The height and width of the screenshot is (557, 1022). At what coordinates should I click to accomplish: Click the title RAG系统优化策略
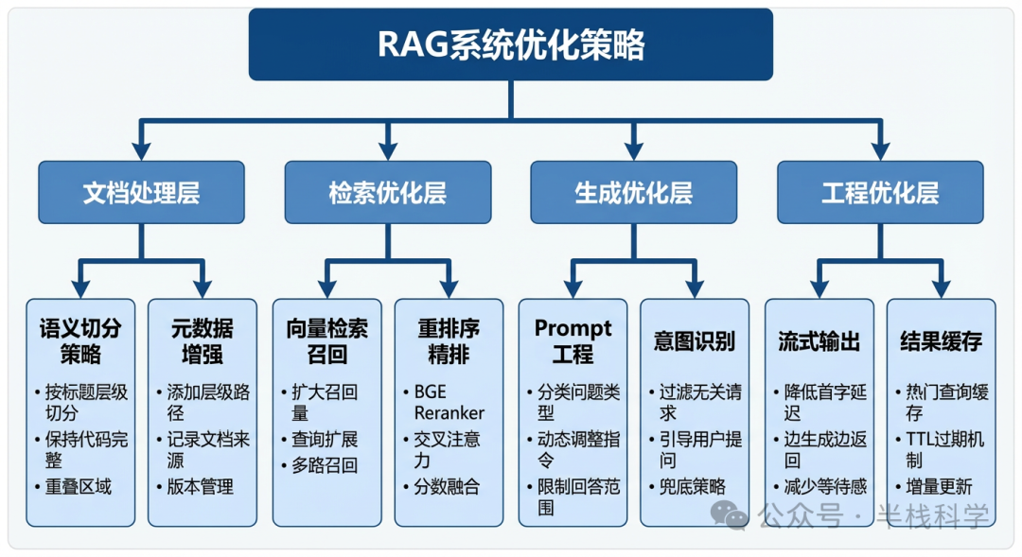coord(511,44)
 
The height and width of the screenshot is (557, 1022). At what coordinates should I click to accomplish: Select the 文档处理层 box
coord(141,193)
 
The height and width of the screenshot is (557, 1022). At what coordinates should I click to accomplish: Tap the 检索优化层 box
coord(387,193)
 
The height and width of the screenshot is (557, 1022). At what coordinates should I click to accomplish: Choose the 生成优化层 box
coord(633,193)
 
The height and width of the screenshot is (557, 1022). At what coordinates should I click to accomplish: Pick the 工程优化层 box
coord(880,193)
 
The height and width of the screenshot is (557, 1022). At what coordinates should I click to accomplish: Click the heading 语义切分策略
coord(80,341)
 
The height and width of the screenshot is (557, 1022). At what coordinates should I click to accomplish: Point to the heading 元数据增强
coord(202,341)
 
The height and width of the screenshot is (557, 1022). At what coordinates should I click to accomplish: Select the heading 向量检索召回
coord(326,341)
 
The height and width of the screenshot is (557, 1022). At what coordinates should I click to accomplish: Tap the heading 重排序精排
coord(449,341)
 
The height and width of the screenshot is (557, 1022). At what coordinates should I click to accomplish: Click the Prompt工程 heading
coord(573,341)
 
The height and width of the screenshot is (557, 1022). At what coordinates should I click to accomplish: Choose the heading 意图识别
coord(695,341)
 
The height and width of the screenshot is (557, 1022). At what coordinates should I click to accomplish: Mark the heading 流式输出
coord(819,341)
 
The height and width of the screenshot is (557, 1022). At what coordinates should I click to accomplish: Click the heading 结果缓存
coord(941,341)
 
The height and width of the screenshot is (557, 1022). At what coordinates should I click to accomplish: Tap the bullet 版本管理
coord(201,487)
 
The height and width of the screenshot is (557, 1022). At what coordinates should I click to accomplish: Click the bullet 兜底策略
coord(693,486)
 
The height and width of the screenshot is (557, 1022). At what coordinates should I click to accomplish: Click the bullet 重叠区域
coord(79,487)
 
